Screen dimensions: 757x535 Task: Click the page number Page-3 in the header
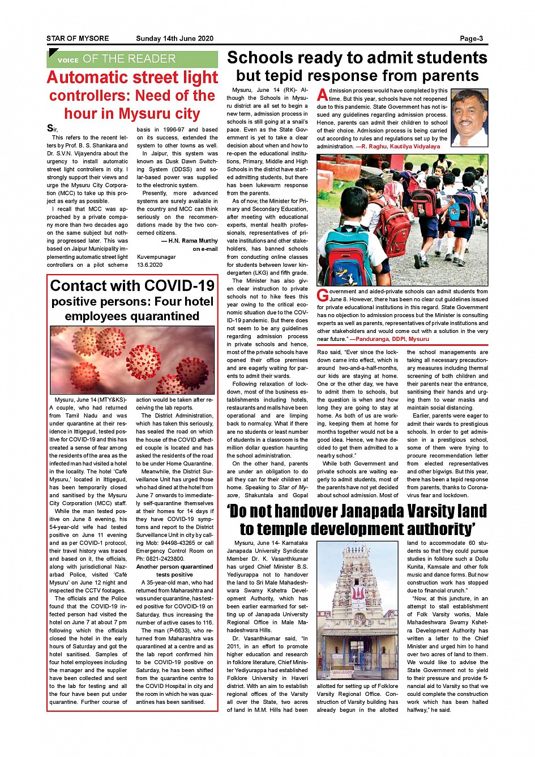pos(471,39)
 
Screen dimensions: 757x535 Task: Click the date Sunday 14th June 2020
pos(174,39)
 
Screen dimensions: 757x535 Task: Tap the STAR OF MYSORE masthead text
pos(78,39)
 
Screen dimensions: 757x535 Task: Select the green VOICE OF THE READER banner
pos(132,59)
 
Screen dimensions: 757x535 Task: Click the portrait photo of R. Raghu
pos(469,118)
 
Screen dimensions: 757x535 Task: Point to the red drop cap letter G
pos(322,296)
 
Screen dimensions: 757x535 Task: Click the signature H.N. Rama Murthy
pos(190,241)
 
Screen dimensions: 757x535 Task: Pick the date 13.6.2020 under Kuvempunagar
pos(149,264)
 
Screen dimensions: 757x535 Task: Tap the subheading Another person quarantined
pos(174,567)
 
